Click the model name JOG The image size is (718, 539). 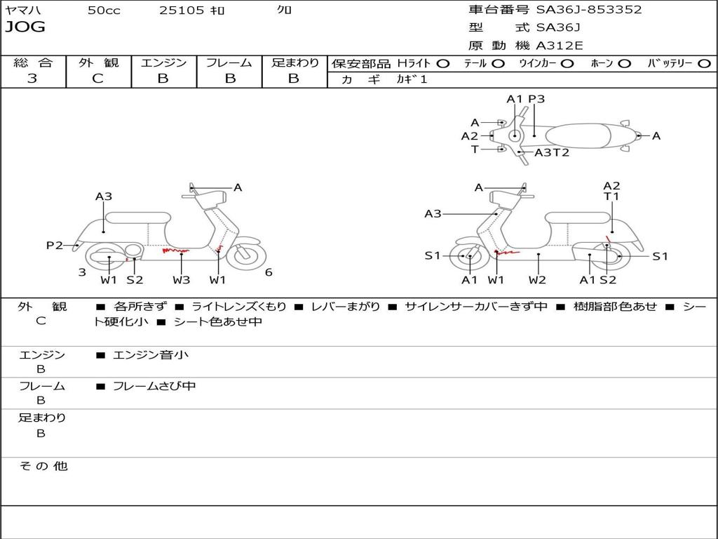(x=25, y=27)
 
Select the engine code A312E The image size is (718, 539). (x=559, y=46)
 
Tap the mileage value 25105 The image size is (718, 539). (x=182, y=11)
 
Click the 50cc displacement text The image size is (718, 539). (x=104, y=11)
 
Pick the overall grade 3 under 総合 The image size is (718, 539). (x=32, y=79)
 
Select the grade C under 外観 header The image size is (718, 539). (x=97, y=79)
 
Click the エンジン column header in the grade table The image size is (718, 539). (x=163, y=62)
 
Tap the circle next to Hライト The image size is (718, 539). (x=443, y=63)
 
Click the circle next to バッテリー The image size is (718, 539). (x=704, y=63)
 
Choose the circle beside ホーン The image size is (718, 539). (x=624, y=63)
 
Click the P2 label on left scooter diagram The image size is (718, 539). (x=55, y=245)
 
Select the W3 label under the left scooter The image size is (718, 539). (x=181, y=280)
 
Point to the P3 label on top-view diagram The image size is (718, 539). (x=536, y=99)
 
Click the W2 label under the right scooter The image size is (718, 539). (x=538, y=280)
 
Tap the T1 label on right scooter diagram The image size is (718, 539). (x=611, y=197)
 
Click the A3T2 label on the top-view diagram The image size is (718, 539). (x=552, y=152)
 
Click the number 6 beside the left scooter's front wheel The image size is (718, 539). (x=269, y=272)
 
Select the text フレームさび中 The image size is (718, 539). (x=154, y=386)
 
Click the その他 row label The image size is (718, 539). (x=43, y=466)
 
